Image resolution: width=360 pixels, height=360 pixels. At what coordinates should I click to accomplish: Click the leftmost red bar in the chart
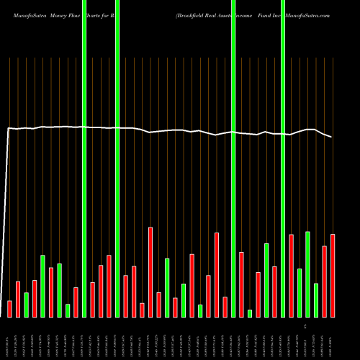[9, 308]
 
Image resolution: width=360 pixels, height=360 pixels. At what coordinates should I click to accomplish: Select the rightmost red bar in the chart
[332, 275]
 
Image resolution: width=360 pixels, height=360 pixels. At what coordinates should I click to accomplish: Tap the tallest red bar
[150, 271]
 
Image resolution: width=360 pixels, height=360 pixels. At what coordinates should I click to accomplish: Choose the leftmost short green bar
[26, 305]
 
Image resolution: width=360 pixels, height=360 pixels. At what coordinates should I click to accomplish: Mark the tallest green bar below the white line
[307, 274]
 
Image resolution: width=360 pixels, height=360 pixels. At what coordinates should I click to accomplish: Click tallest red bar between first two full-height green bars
[109, 286]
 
